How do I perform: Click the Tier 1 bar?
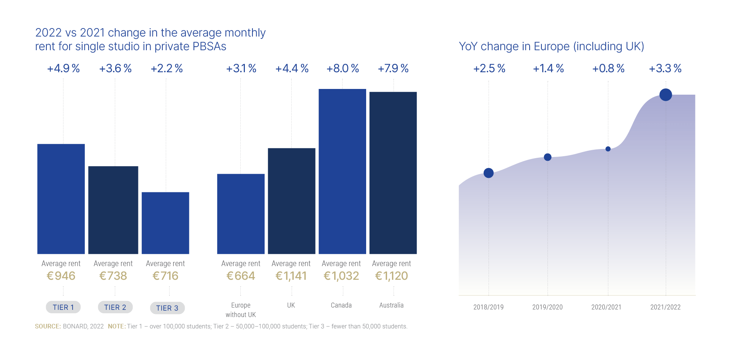coord(61,199)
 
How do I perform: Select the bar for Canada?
coord(342,171)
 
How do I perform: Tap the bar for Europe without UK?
coord(241,214)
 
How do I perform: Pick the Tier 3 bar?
coord(165,223)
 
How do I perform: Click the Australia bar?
coord(393,173)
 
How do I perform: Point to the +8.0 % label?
coord(343,68)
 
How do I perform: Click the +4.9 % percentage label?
coord(63,68)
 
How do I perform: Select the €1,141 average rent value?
coord(291,276)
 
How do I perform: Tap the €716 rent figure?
coord(165,276)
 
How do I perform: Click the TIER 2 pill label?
coord(115,307)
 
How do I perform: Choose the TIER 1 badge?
coord(63,307)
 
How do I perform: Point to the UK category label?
coord(291,305)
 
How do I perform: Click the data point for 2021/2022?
coord(665,95)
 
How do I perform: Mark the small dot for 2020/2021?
coord(608,149)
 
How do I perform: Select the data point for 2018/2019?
coord(489,173)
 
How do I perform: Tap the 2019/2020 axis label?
coord(547,307)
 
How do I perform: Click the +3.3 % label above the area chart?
coord(665,68)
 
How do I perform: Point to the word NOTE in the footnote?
coord(116,327)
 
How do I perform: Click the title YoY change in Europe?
coord(551,46)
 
